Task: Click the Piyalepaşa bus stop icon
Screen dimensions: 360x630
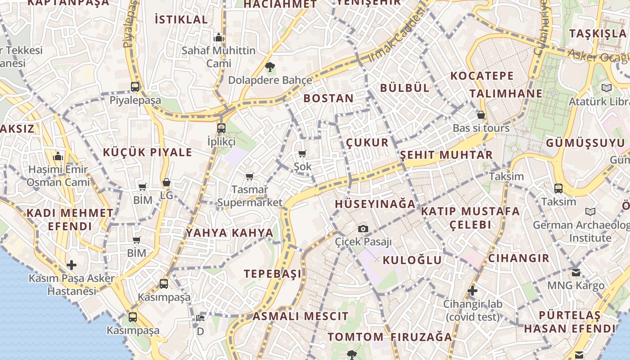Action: click(x=135, y=87)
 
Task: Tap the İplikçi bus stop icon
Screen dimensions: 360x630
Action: click(x=221, y=128)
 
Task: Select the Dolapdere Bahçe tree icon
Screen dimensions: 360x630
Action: click(x=270, y=67)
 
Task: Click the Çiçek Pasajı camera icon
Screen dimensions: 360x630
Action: click(x=363, y=229)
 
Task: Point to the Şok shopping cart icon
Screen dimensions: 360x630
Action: click(x=302, y=154)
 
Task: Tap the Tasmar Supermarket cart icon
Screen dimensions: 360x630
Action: click(x=249, y=176)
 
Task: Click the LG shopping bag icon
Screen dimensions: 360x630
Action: click(x=166, y=182)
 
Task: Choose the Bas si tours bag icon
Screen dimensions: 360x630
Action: click(x=481, y=115)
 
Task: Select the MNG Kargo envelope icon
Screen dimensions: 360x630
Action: click(x=576, y=272)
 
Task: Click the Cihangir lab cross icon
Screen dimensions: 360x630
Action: click(x=472, y=291)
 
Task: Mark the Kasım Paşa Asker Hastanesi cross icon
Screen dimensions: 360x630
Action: click(x=71, y=265)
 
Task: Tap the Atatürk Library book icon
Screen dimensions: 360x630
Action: click(x=607, y=88)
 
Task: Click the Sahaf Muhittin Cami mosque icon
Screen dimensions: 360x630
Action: click(x=219, y=37)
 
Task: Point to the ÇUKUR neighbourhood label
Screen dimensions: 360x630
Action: click(x=367, y=143)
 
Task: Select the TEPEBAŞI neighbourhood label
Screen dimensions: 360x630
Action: click(x=273, y=274)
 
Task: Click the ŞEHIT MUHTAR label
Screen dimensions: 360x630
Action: click(x=446, y=155)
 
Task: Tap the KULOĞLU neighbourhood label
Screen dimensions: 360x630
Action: click(x=412, y=260)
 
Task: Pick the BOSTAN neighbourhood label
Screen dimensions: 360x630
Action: click(x=328, y=98)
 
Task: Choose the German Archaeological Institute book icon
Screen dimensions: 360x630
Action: click(x=590, y=211)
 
